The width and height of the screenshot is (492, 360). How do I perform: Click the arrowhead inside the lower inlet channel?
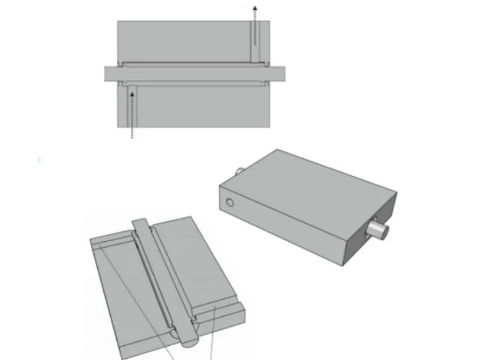point(131,94)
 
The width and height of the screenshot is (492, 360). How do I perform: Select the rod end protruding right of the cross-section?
point(279,73)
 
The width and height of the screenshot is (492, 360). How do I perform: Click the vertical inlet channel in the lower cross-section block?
point(131,111)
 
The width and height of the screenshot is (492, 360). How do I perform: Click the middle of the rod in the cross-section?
point(194,73)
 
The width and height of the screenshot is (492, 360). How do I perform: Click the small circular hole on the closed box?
point(229,202)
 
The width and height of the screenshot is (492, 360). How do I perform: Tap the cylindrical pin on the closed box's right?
point(377,231)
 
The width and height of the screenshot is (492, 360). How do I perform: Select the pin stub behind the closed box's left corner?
point(240,170)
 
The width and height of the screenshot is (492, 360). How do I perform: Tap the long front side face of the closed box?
point(283,228)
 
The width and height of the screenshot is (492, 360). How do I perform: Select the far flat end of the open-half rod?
point(140,223)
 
